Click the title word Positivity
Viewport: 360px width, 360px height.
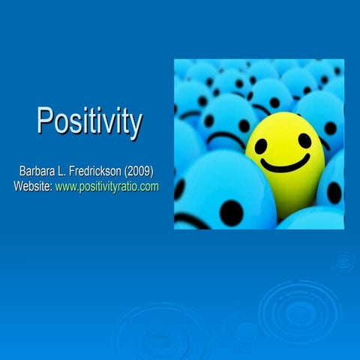(89, 121)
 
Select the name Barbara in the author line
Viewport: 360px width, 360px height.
(40, 172)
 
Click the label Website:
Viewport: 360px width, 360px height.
(33, 186)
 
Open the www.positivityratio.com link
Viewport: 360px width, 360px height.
(107, 186)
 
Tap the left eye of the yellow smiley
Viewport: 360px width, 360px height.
(261, 145)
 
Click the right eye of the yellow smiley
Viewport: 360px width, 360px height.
(304, 140)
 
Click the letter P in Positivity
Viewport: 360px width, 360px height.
(46, 121)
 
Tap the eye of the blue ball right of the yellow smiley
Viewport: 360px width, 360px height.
(329, 128)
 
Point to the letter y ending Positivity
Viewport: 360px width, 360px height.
(134, 124)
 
